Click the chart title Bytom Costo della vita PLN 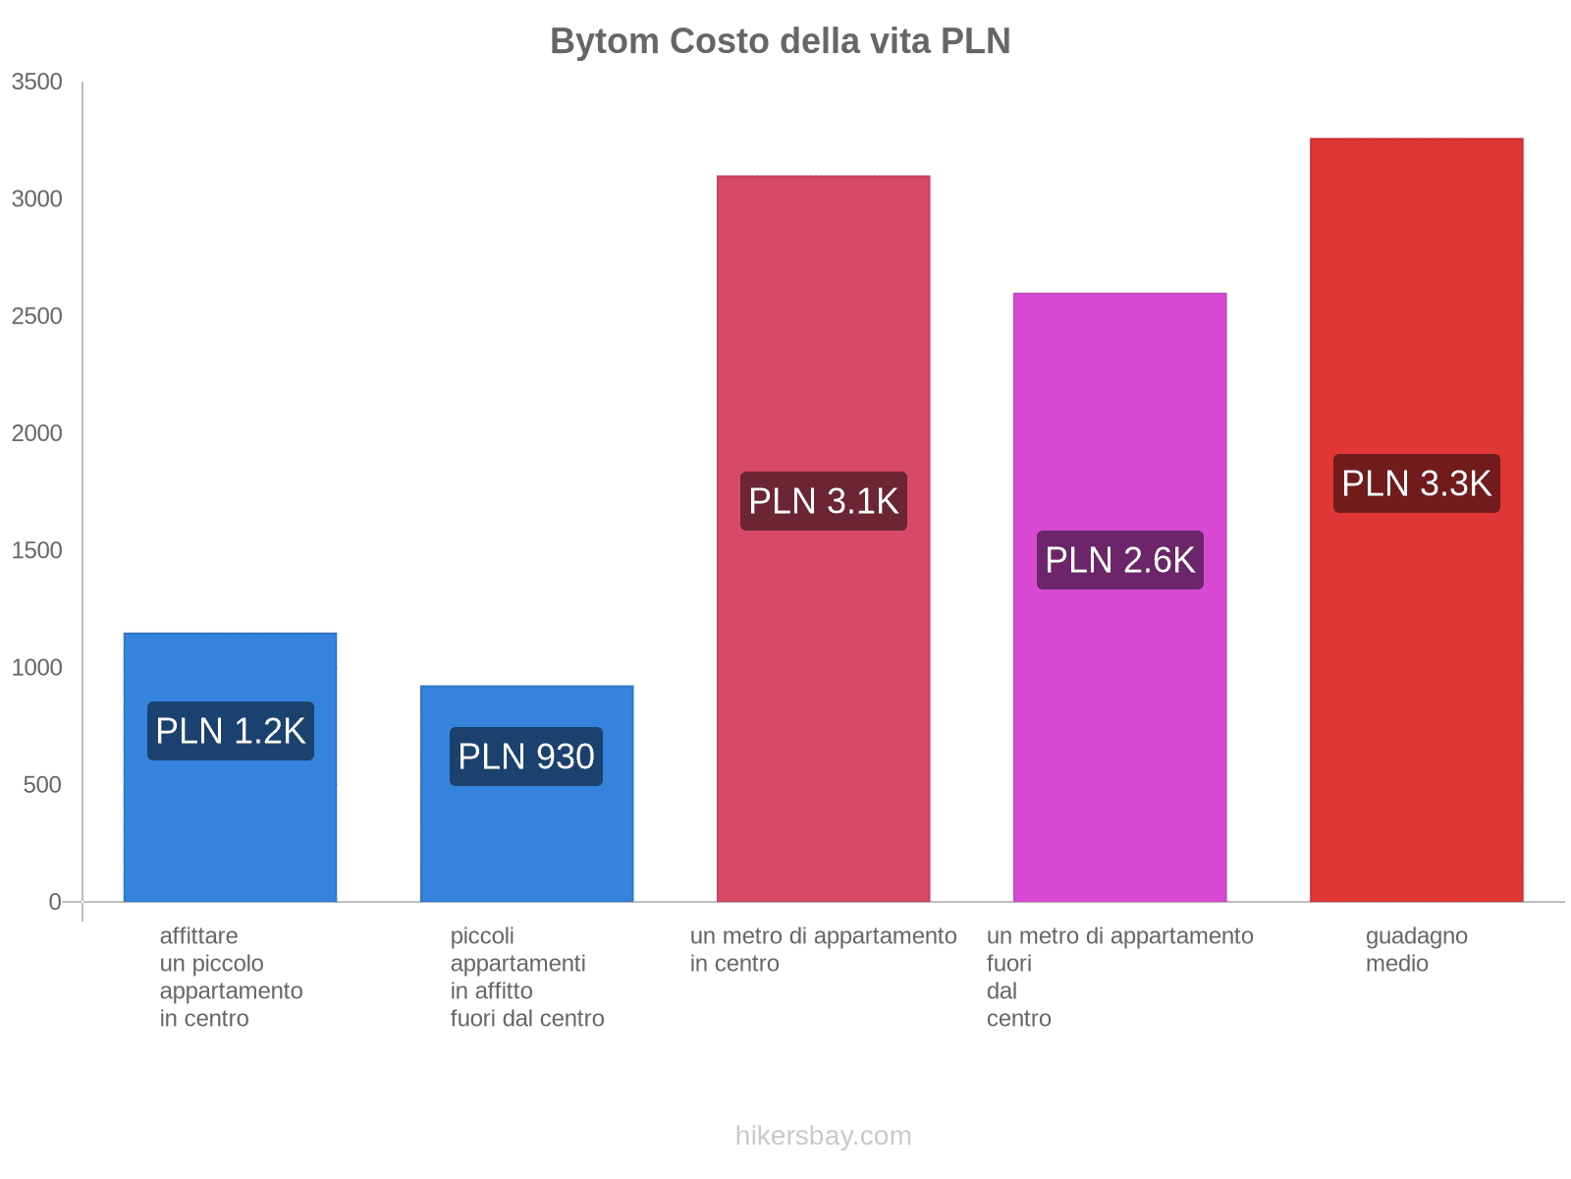(x=780, y=41)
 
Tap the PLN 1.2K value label (x=231, y=731)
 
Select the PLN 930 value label (x=526, y=757)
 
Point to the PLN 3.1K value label (x=823, y=501)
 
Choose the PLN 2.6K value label (x=1119, y=560)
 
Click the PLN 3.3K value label (x=1416, y=483)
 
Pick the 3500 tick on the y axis (x=37, y=83)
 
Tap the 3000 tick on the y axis (x=37, y=199)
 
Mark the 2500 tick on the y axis (x=37, y=316)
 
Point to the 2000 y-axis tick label (x=37, y=433)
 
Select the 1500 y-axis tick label (x=37, y=550)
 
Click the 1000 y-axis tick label (x=37, y=668)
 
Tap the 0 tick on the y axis (x=55, y=902)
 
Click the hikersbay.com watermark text (x=823, y=1136)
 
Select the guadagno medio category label (x=1416, y=950)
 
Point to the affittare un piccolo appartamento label (x=231, y=977)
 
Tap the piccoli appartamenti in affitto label (x=526, y=977)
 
